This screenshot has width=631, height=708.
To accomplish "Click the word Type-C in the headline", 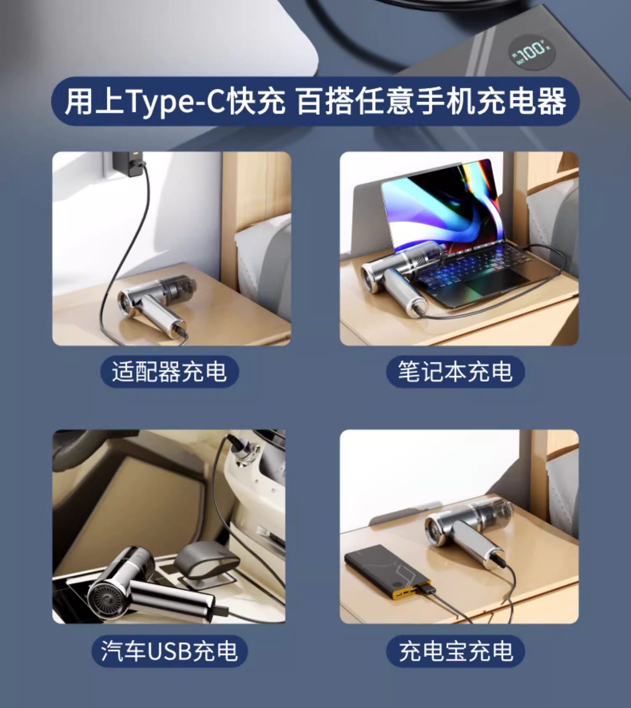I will [175, 102].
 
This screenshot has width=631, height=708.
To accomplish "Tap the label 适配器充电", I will [169, 371].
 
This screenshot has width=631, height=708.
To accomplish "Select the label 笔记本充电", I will [455, 371].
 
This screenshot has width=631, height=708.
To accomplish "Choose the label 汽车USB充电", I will [169, 651].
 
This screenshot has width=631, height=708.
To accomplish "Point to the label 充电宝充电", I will [456, 651].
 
